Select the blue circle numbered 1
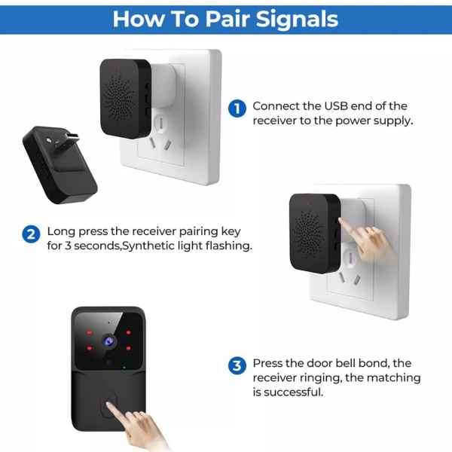237,108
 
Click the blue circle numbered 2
31,233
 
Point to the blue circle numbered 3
237,366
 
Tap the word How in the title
136,18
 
